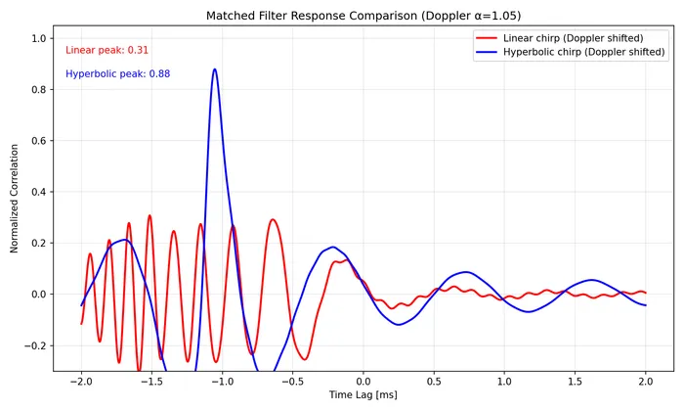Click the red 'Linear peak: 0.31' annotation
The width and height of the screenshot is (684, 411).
click(107, 50)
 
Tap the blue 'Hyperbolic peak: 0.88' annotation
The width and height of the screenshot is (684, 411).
click(118, 73)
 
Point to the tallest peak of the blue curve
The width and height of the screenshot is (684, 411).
click(215, 69)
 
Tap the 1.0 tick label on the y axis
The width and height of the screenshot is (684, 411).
click(39, 38)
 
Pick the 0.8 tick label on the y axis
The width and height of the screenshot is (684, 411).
click(39, 90)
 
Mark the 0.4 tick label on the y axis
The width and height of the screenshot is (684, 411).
click(39, 192)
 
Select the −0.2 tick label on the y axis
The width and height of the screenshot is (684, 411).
click(36, 345)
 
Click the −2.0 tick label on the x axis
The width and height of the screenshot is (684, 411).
click(81, 379)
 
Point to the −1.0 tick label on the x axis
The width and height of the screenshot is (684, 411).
click(222, 379)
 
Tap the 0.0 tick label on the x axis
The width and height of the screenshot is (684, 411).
click(363, 379)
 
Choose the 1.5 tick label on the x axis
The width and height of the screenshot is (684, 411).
click(575, 379)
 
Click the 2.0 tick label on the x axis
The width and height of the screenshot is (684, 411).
click(645, 379)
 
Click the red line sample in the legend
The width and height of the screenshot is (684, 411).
click(486, 38)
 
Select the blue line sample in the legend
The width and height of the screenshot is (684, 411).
click(486, 53)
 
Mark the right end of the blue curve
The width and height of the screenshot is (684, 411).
click(645, 305)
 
